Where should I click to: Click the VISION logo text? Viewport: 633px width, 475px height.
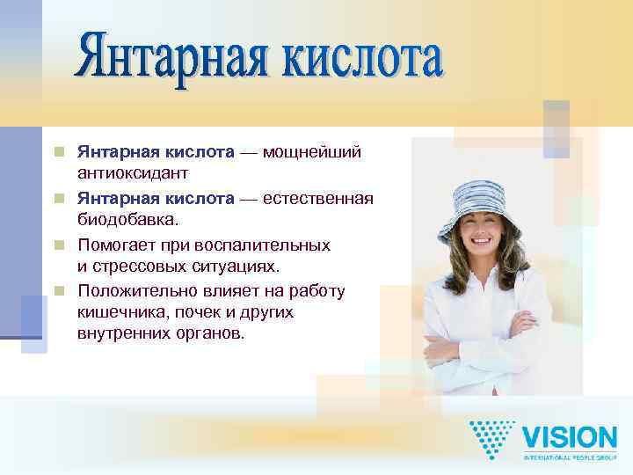tap(570, 437)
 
